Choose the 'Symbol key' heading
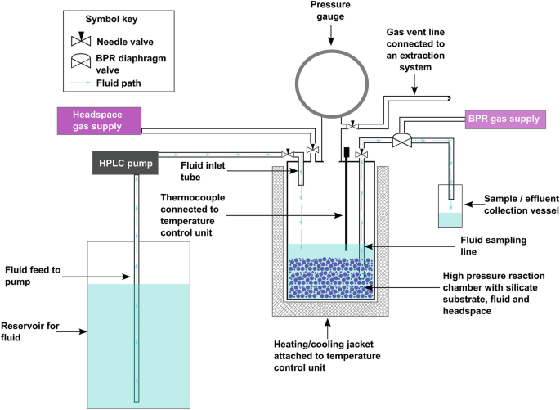(x=103, y=20)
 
